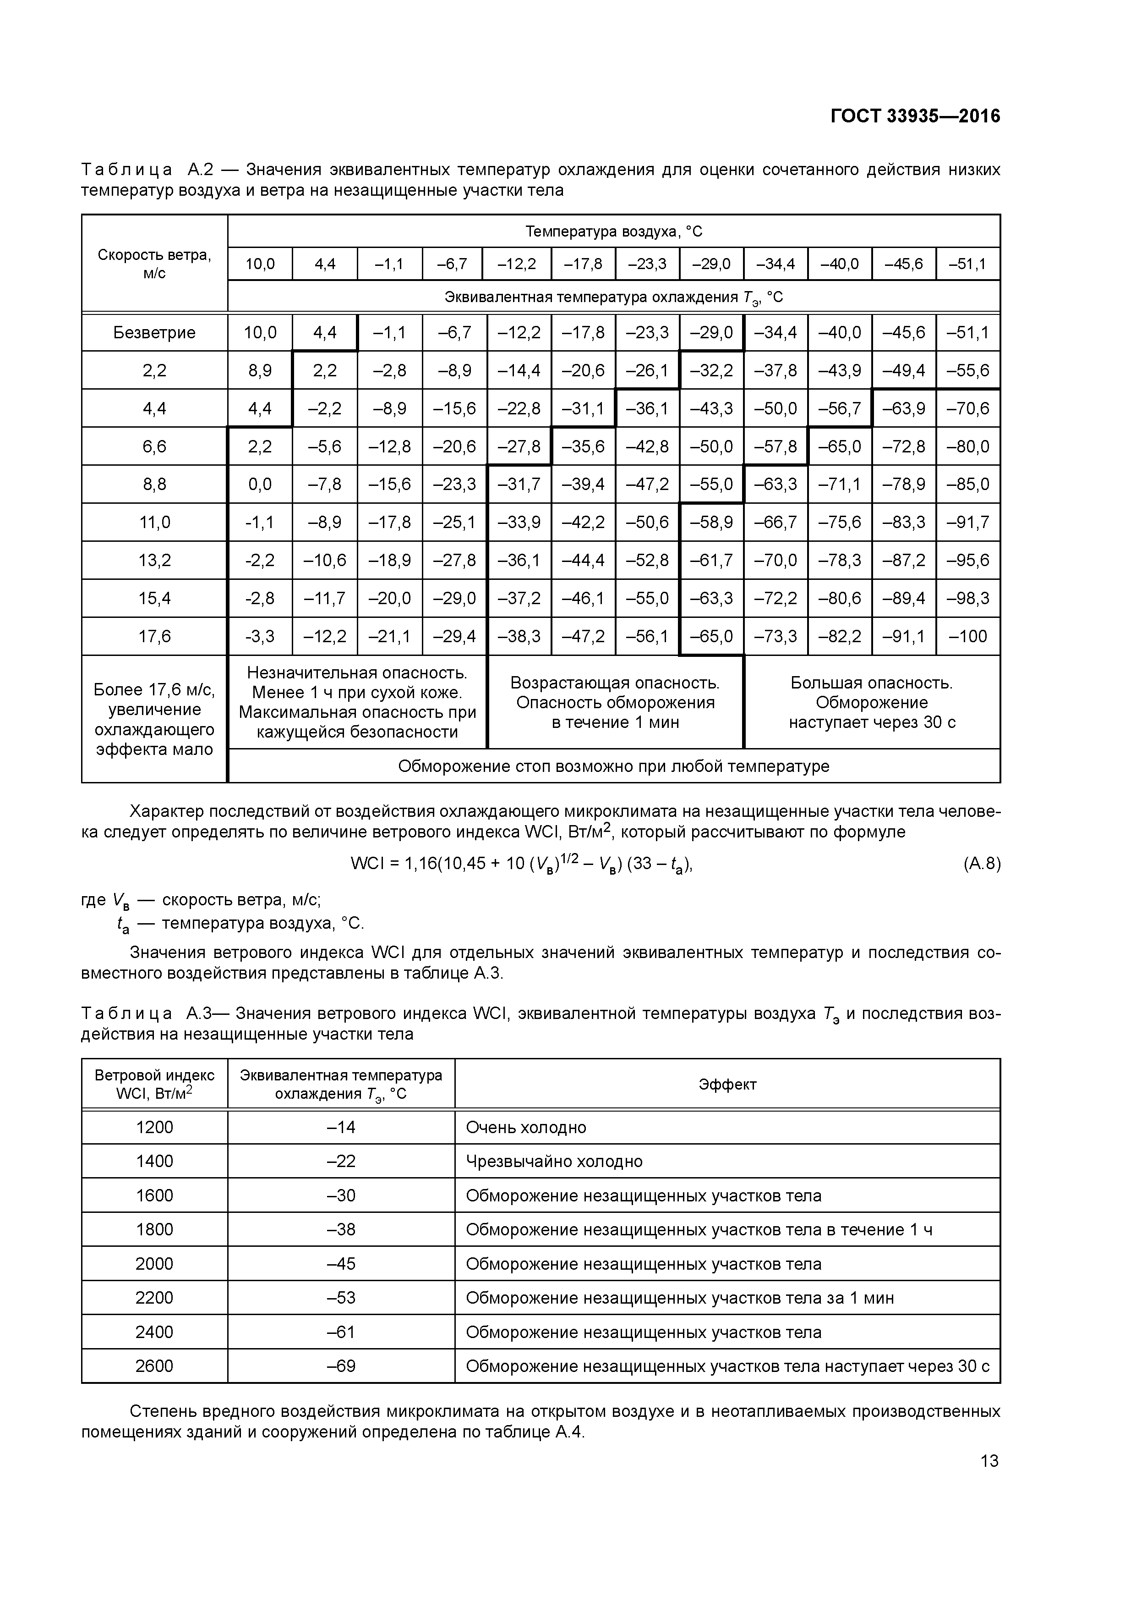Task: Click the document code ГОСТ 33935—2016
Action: [915, 116]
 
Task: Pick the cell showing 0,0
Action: [260, 485]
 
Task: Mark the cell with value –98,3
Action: [968, 599]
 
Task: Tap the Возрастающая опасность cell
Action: [615, 702]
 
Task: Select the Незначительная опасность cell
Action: [357, 702]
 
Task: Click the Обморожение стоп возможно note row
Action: [613, 766]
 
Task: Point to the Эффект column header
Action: [727, 1084]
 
